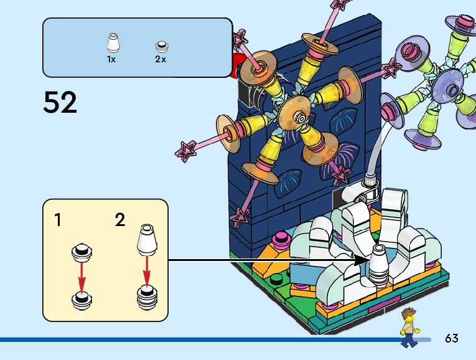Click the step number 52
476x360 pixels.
coord(60,102)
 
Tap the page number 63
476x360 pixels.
coord(452,339)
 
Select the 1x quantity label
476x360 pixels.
coord(111,60)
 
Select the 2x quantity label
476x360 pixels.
coord(161,60)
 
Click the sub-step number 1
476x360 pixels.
coord(58,220)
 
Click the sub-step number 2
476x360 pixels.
coord(120,220)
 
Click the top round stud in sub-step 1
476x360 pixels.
coord(82,252)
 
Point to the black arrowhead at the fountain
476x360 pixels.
coord(362,260)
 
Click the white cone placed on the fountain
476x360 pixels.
coord(379,264)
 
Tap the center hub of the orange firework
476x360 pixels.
coord(301,118)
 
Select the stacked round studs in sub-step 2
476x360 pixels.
coord(147,298)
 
